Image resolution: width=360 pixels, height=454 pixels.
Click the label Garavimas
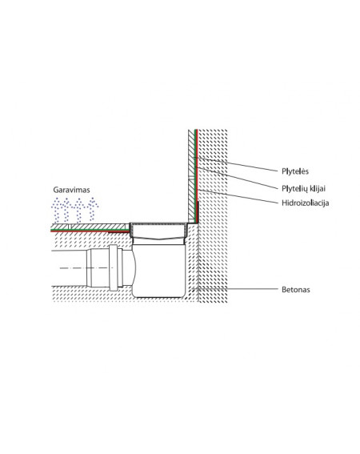click(71, 190)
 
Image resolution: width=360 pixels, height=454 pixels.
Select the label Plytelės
click(295, 171)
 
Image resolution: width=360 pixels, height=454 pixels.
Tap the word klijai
click(318, 189)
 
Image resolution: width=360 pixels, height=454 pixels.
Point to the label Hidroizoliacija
click(306, 203)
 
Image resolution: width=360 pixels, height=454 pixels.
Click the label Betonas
click(296, 290)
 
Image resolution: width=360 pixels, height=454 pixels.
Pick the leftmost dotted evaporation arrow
click(56, 210)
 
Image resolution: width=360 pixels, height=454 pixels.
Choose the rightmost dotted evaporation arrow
click(92, 209)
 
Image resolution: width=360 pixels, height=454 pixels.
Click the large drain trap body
click(158, 270)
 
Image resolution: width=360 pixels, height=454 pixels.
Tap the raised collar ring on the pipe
click(114, 267)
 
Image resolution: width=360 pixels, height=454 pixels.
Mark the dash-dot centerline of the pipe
click(86, 268)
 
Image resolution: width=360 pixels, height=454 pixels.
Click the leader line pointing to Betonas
click(235, 289)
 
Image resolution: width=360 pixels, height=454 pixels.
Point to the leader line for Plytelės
click(236, 164)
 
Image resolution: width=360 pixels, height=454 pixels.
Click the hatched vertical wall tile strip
click(191, 176)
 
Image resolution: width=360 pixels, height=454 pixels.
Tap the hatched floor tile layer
click(90, 227)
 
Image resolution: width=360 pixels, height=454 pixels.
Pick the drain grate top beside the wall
click(158, 223)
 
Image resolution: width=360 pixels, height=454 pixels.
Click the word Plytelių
click(294, 189)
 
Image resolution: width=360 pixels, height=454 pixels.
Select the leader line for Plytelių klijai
click(237, 178)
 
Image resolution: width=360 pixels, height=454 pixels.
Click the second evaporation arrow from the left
click(67, 210)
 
